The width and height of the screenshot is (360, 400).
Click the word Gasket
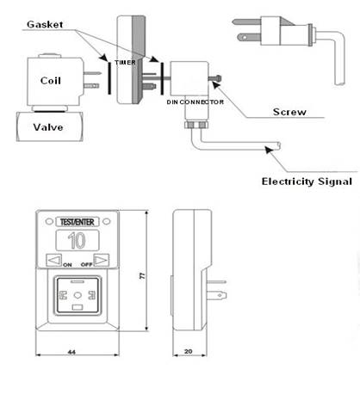(x=45, y=24)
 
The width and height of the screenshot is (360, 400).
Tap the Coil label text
(x=51, y=81)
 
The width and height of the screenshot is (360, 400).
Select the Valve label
(x=48, y=127)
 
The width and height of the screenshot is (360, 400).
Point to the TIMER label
(x=125, y=62)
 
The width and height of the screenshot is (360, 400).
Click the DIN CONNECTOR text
(x=196, y=102)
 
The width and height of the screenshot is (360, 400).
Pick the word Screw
(x=289, y=112)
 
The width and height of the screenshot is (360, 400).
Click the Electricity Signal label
(x=307, y=182)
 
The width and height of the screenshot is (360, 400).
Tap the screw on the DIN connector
(x=215, y=77)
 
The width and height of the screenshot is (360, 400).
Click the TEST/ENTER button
(x=77, y=222)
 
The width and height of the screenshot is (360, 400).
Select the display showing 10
(x=77, y=240)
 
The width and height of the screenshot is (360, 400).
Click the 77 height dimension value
(x=142, y=276)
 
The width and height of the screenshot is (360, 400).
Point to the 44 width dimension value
(x=71, y=352)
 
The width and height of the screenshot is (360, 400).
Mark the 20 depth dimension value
(x=189, y=351)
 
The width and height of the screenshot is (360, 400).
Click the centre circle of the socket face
(x=78, y=295)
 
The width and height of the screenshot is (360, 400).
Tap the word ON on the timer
(x=67, y=265)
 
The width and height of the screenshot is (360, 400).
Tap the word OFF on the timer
(x=86, y=264)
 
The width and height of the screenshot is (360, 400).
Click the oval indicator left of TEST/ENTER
(x=49, y=221)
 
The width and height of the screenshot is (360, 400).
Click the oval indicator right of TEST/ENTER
(x=106, y=221)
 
